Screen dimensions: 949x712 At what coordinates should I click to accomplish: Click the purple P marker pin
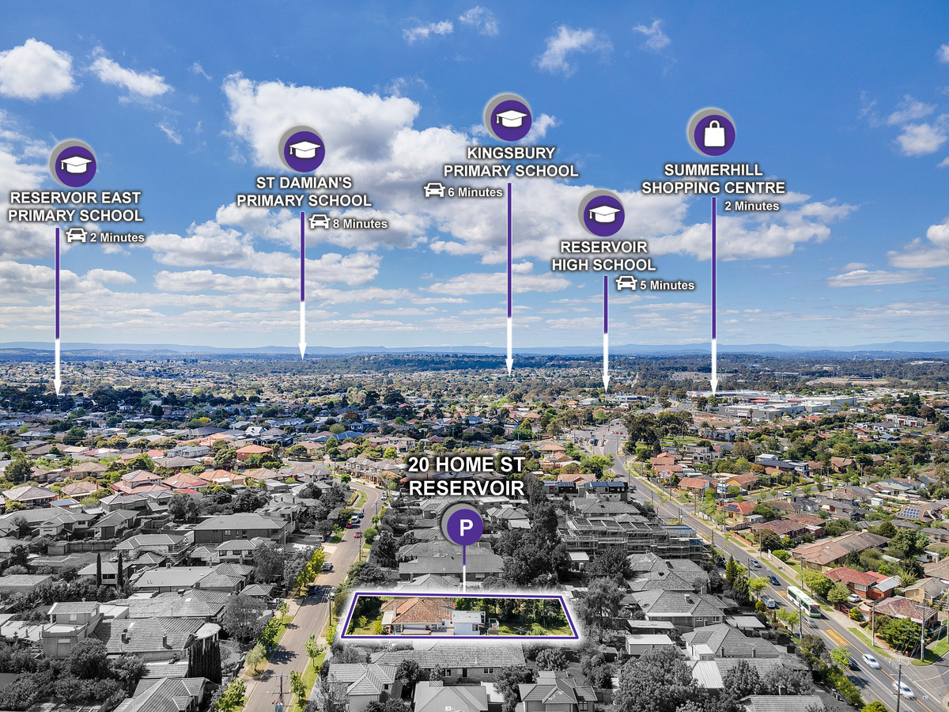[x=465, y=527]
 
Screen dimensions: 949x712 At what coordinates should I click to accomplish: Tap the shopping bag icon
[x=714, y=134]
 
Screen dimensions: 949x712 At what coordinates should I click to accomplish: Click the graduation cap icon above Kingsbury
[x=511, y=119]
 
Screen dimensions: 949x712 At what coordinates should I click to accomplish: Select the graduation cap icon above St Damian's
[x=304, y=150]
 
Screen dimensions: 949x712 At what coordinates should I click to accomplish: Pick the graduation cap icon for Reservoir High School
[x=604, y=214]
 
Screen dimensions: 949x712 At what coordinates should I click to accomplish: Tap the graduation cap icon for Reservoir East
[x=76, y=165]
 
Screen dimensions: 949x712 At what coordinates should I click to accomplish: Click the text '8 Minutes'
[x=360, y=224]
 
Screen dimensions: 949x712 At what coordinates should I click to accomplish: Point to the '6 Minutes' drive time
[x=475, y=192]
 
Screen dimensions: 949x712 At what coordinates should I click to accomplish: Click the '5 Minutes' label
[x=667, y=286]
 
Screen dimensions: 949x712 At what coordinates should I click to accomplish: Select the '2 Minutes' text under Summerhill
[x=752, y=206]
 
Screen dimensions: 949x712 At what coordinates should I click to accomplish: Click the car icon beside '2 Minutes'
[x=77, y=236]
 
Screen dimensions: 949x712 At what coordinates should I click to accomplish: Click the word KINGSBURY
[x=511, y=153]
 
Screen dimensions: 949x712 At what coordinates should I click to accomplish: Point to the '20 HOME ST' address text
[x=466, y=464]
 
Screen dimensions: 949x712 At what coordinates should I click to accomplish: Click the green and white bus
[x=803, y=601]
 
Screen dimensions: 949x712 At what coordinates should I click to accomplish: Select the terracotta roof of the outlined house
[x=418, y=610]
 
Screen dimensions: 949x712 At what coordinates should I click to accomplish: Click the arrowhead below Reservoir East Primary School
[x=58, y=387]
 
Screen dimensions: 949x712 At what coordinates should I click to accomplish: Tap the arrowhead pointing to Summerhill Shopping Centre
[x=714, y=385]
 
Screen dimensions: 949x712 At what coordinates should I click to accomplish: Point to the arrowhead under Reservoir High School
[x=606, y=384]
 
